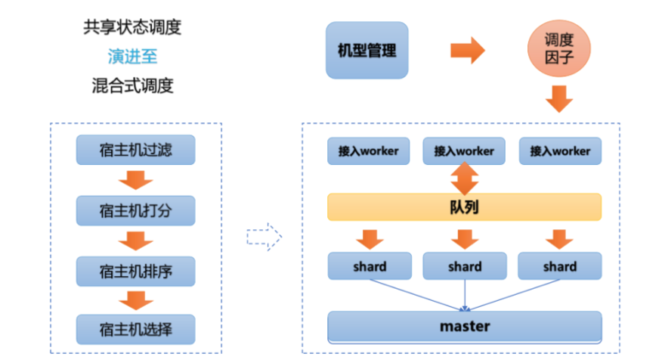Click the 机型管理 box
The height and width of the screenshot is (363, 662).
[x=367, y=50]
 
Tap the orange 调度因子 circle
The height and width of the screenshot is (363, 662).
[x=558, y=50]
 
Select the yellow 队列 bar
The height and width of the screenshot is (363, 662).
[x=464, y=206]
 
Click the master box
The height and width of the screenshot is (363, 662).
[x=464, y=327]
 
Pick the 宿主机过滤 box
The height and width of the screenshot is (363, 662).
[x=135, y=150]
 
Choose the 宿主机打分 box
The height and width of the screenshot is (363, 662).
[x=135, y=209]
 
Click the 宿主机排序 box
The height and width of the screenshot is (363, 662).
[x=135, y=270]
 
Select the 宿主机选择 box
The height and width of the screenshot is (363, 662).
[x=135, y=330]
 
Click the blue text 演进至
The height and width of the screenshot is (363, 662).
[x=132, y=57]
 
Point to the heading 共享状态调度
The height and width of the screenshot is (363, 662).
[x=132, y=28]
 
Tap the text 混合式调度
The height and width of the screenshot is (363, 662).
[x=132, y=85]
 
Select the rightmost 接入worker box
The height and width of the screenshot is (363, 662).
[x=560, y=150]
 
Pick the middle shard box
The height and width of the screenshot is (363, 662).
[x=464, y=266]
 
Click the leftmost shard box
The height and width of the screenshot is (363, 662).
[x=369, y=266]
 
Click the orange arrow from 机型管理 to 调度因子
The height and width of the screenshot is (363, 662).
[x=468, y=51]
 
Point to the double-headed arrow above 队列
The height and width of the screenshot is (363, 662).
[x=464, y=178]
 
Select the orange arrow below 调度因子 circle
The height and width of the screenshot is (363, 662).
[x=559, y=98]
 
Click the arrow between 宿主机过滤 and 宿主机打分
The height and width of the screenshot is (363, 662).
[x=136, y=180]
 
